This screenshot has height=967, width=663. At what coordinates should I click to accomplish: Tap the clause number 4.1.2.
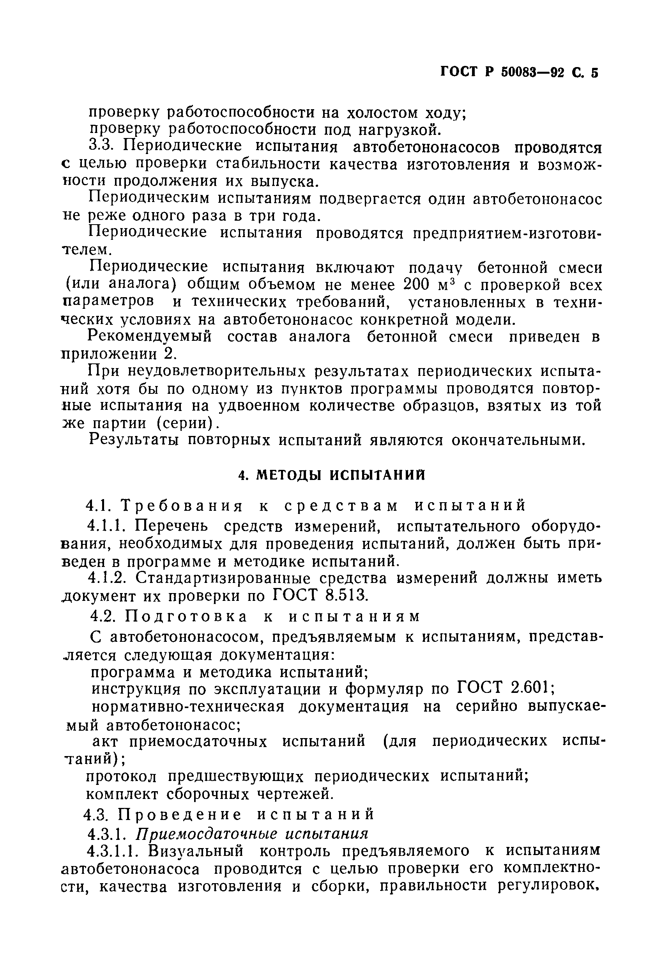pos(108,578)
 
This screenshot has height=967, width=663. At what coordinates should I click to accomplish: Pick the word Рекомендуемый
pos(150,337)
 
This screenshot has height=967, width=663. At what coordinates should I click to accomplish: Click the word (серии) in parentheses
pos(187,423)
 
